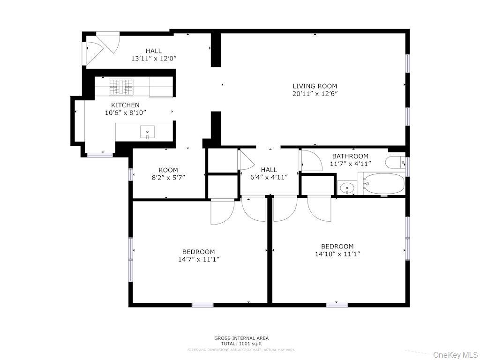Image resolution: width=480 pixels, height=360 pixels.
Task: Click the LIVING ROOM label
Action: [x=315, y=86]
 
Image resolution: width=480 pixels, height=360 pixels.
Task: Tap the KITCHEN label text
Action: [x=125, y=105]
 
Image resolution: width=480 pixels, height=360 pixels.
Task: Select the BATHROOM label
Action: [x=350, y=156]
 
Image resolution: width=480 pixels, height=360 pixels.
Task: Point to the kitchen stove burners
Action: [x=122, y=87]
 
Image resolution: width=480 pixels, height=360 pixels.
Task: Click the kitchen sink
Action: [x=147, y=133]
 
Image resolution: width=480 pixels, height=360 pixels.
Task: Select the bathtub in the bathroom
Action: [x=383, y=184]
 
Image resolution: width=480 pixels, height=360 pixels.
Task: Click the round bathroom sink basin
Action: [x=347, y=188]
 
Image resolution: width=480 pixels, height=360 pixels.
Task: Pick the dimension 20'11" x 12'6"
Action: [x=315, y=94]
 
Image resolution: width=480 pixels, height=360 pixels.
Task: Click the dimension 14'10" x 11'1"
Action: [x=337, y=254]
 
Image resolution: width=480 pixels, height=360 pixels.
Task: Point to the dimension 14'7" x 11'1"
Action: [x=199, y=259]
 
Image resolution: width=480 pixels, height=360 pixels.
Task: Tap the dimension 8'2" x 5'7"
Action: [x=168, y=178]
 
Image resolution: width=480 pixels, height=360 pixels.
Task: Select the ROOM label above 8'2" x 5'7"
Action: [x=168, y=170]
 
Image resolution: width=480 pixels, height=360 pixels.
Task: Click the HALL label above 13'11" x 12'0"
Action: [x=153, y=51]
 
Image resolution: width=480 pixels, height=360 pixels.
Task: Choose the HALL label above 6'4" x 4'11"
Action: [x=269, y=170]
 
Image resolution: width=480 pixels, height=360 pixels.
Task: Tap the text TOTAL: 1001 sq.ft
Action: [x=241, y=344]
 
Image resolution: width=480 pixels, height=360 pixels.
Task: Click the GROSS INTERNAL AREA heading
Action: [x=241, y=338]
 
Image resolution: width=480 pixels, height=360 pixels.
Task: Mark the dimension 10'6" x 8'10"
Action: [x=125, y=112]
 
